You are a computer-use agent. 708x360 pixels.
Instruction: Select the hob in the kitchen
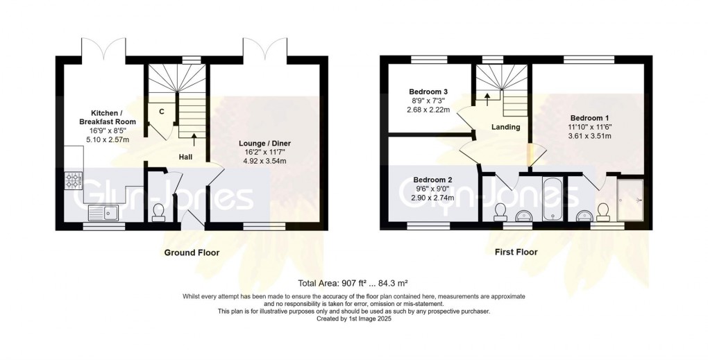(x=74, y=181)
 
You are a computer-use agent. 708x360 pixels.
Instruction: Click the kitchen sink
(x=111, y=213)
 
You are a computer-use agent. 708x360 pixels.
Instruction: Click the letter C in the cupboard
(x=162, y=112)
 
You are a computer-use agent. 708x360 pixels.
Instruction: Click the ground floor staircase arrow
(x=193, y=139)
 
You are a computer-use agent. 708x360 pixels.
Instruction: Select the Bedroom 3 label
(x=428, y=92)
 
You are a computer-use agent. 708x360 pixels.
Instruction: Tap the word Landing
(x=505, y=127)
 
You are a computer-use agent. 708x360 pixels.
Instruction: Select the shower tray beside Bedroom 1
(x=630, y=200)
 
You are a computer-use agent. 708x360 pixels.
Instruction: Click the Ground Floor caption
(x=192, y=252)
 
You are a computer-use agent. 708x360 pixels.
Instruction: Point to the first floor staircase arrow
(x=487, y=98)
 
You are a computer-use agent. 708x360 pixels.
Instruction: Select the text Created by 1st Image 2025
(x=354, y=318)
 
